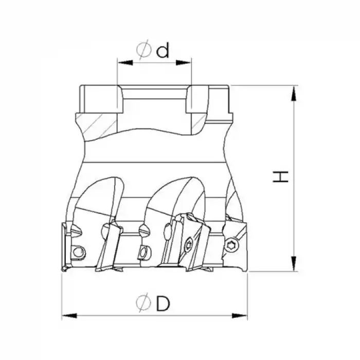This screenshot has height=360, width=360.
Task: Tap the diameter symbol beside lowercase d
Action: tap(145, 51)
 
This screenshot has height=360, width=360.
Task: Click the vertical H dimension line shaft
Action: tap(294, 206)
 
